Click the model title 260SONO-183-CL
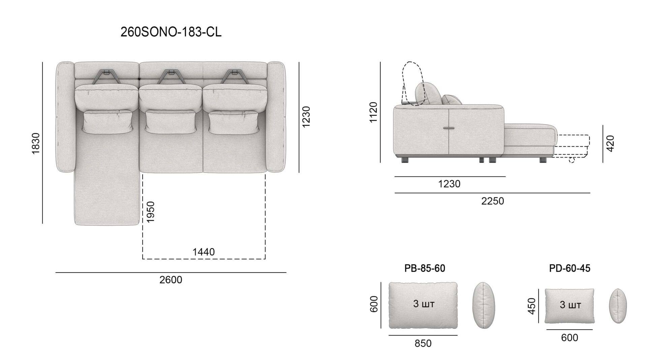click(x=171, y=32)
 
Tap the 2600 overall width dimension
click(x=171, y=280)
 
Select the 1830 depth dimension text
click(x=36, y=143)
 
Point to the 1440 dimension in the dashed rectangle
click(x=204, y=252)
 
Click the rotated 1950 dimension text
click(x=150, y=212)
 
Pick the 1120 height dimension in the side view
click(x=373, y=112)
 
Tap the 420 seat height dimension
click(x=610, y=143)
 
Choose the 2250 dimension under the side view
click(x=492, y=201)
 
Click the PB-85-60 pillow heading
click(x=425, y=268)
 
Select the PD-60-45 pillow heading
click(x=569, y=268)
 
